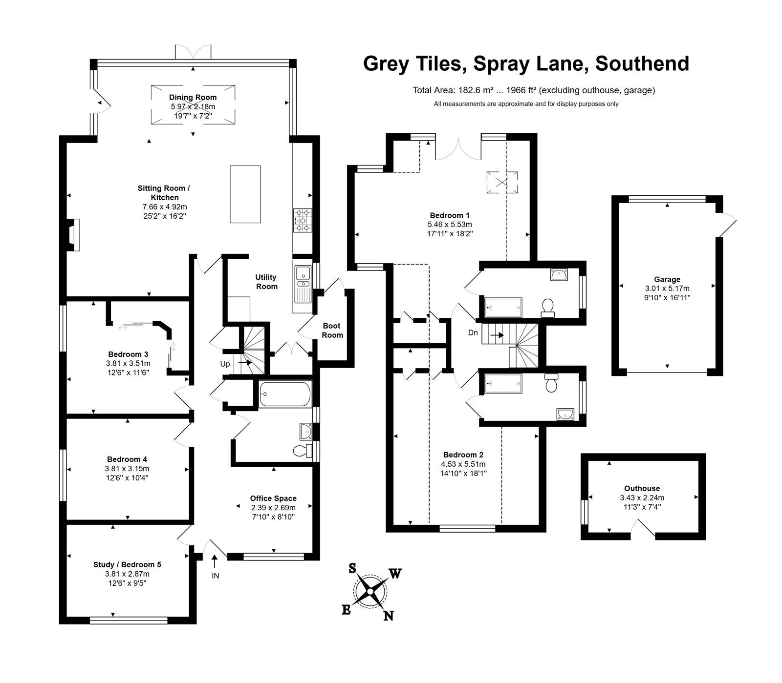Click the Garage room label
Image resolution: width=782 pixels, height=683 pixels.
pyautogui.click(x=667, y=280)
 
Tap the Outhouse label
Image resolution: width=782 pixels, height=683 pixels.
pyautogui.click(x=642, y=488)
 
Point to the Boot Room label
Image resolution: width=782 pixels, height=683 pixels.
pyautogui.click(x=332, y=331)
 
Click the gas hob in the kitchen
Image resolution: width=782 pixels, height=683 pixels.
pyautogui.click(x=303, y=220)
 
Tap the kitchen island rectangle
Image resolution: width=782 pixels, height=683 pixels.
pyautogui.click(x=245, y=194)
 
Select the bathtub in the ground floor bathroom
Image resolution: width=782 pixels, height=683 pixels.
pyautogui.click(x=285, y=394)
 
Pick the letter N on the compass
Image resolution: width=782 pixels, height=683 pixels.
pyautogui.click(x=389, y=616)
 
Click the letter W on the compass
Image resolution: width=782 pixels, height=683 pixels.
pyautogui.click(x=395, y=574)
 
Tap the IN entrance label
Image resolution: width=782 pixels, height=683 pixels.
pyautogui.click(x=216, y=576)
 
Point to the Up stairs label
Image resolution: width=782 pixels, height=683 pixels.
pyautogui.click(x=225, y=364)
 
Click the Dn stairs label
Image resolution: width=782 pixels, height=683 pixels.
pyautogui.click(x=473, y=333)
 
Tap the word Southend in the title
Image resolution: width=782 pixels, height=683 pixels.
pyautogui.click(x=643, y=64)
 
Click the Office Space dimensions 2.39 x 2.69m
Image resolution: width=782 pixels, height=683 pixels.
pyautogui.click(x=273, y=508)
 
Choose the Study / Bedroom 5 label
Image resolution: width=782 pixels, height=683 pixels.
pyautogui.click(x=127, y=565)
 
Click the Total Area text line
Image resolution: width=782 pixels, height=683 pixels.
pyautogui.click(x=534, y=90)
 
